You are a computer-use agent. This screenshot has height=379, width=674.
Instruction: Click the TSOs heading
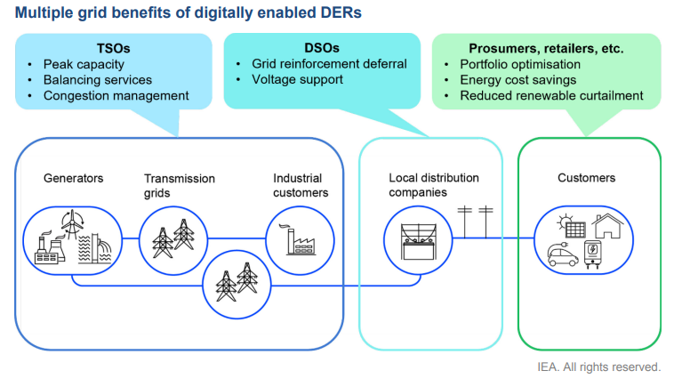pyautogui.click(x=113, y=48)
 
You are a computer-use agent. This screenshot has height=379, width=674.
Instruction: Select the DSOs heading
pyautogui.click(x=322, y=48)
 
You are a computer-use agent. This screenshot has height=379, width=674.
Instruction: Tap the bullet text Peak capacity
pyautogui.click(x=84, y=65)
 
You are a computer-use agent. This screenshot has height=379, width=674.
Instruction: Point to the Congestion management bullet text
pyautogui.click(x=116, y=95)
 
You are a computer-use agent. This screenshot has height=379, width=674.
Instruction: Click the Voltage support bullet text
pyautogui.click(x=298, y=79)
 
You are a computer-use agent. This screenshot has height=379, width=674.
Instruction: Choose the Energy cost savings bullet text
pyautogui.click(x=518, y=80)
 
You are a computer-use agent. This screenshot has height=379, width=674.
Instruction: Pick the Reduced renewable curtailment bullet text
pyautogui.click(x=551, y=95)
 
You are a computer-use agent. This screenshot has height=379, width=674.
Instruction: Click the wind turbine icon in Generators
pyautogui.click(x=72, y=223)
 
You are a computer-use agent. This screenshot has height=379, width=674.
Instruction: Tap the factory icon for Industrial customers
pyautogui.click(x=301, y=240)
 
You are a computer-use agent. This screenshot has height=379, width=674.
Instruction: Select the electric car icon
pyautogui.click(x=563, y=254)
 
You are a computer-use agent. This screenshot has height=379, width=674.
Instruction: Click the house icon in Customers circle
pyautogui.click(x=607, y=226)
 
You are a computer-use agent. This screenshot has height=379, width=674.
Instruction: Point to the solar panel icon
pyautogui.click(x=571, y=227)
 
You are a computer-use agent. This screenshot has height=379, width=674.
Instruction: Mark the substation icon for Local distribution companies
pyautogui.click(x=418, y=241)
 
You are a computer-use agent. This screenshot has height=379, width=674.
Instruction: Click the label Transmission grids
pyautogui.click(x=180, y=185)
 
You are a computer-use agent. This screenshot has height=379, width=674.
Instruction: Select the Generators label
pyautogui.click(x=74, y=178)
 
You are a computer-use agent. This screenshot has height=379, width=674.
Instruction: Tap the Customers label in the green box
pyautogui.click(x=586, y=178)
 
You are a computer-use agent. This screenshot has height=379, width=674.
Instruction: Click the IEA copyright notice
pyautogui.click(x=598, y=367)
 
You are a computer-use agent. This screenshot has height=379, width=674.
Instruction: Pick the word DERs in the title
pyautogui.click(x=341, y=12)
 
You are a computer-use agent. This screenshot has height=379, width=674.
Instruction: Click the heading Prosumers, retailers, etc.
pyautogui.click(x=546, y=49)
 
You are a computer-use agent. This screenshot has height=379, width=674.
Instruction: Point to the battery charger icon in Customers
pyautogui.click(x=592, y=255)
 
